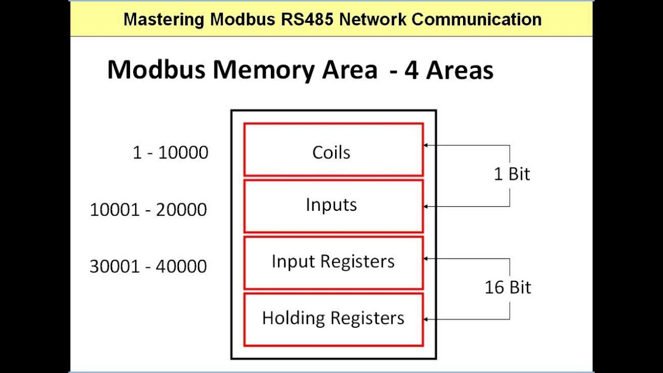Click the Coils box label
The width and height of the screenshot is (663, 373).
tap(331, 152)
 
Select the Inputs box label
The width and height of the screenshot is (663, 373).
tap(331, 205)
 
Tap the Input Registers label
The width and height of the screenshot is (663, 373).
tap(333, 261)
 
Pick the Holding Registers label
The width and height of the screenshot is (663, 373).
tap(333, 318)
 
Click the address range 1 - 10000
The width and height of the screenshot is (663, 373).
tap(170, 152)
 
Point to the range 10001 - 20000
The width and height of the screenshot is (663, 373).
tap(149, 209)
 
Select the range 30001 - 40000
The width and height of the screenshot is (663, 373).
tap(149, 266)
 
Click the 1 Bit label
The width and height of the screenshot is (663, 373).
tap(512, 174)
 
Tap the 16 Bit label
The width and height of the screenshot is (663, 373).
tap(508, 287)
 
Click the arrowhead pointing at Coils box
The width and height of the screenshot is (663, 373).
tap(426, 146)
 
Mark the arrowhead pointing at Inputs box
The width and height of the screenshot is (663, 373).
tap(426, 207)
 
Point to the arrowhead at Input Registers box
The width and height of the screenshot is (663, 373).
tap(426, 259)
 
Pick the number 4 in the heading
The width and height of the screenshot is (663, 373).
tap(412, 70)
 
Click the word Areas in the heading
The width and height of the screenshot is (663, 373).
tap(460, 70)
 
